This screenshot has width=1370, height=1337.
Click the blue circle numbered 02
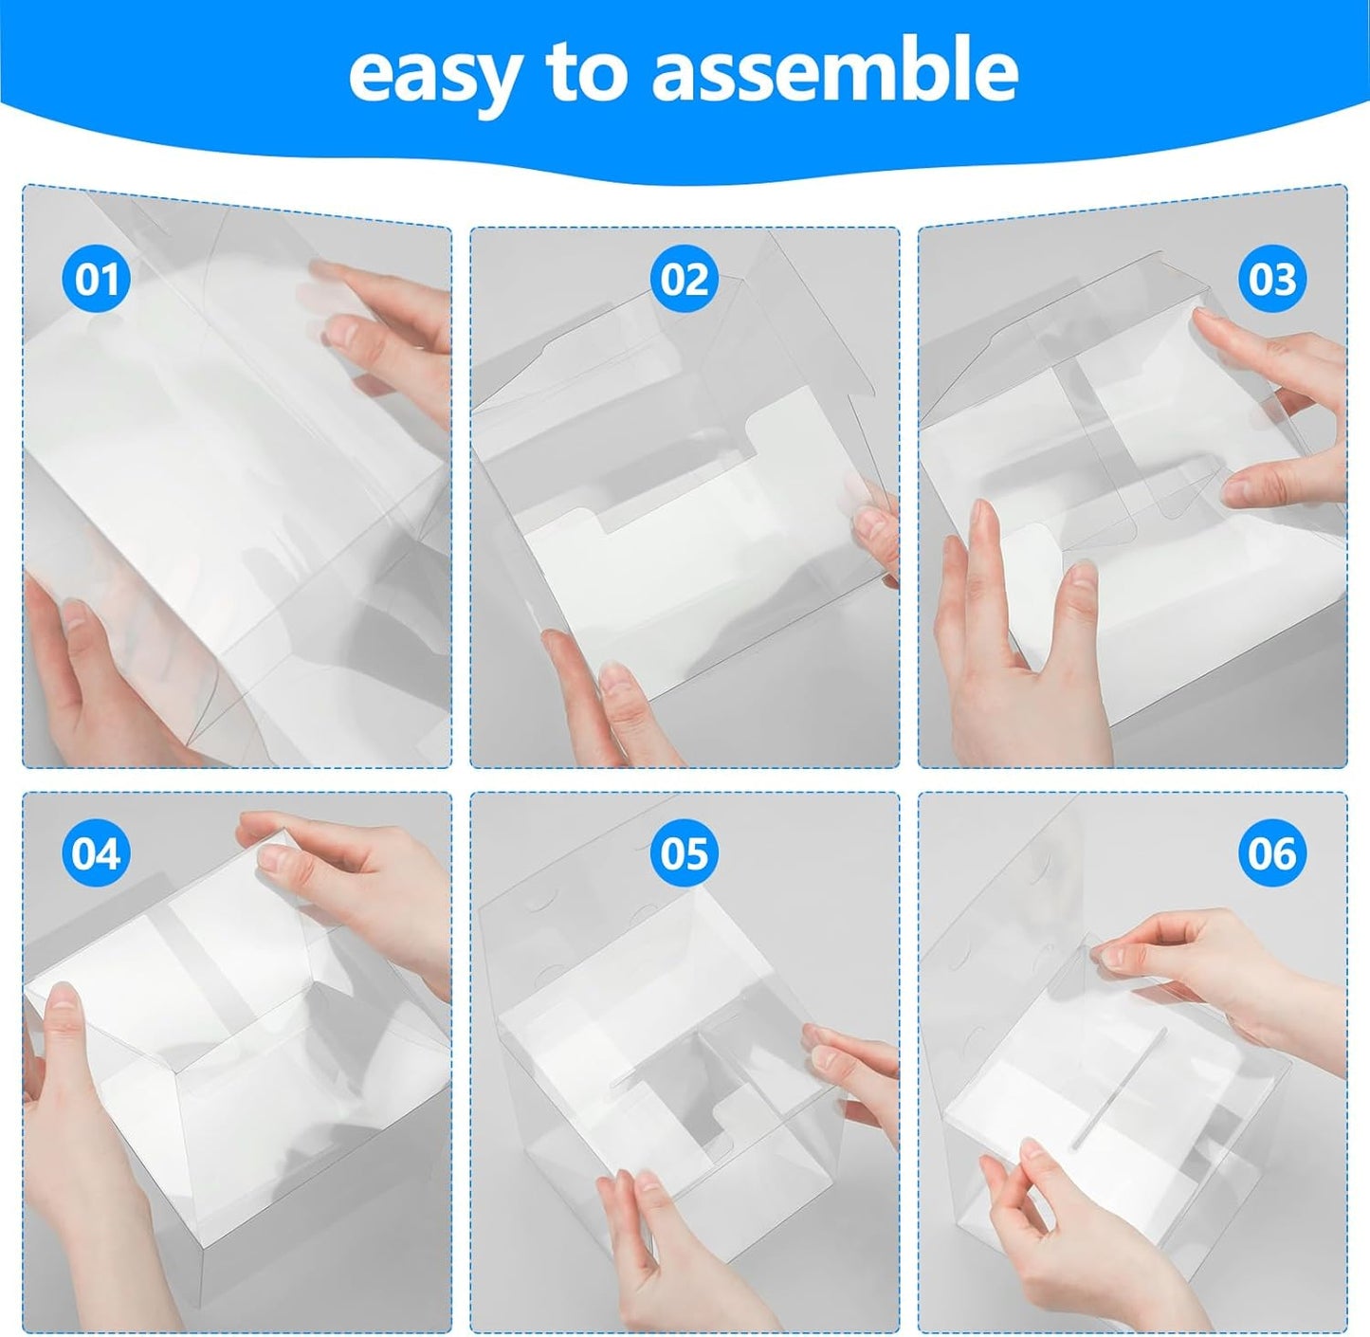(x=685, y=280)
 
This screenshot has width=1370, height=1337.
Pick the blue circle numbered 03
(x=1272, y=280)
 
